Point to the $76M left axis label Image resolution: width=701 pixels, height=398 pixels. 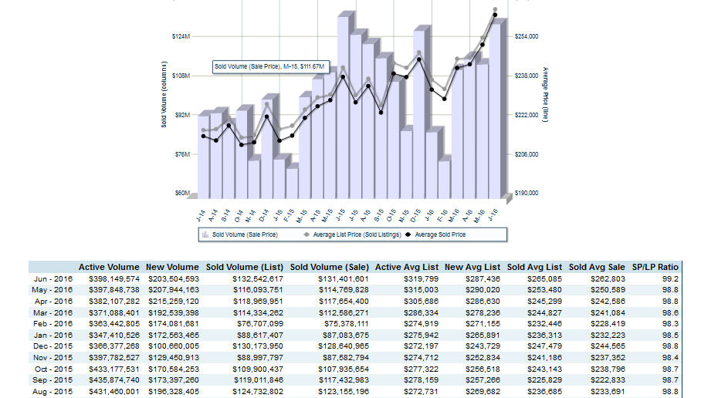(x=181, y=154)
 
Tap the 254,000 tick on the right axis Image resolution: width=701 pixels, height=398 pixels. (x=526, y=36)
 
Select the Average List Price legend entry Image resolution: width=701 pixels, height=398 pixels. (x=346, y=234)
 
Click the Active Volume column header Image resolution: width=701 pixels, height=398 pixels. (x=109, y=267)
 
